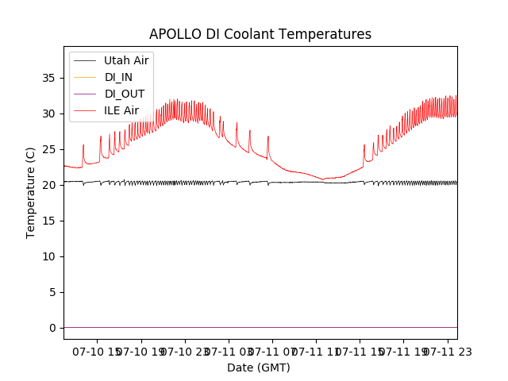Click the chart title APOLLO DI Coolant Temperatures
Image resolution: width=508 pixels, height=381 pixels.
click(x=260, y=35)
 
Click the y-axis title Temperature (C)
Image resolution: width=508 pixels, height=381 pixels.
click(x=31, y=193)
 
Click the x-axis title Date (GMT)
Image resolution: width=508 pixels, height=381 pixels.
click(x=259, y=368)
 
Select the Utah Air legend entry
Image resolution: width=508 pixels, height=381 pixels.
click(x=126, y=60)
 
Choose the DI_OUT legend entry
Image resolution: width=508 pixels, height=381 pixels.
click(x=125, y=94)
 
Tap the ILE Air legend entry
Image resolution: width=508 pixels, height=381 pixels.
click(x=121, y=110)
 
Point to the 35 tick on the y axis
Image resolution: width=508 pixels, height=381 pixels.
click(x=48, y=78)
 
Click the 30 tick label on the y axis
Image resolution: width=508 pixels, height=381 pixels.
click(x=48, y=114)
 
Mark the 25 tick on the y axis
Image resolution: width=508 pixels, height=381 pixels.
click(x=48, y=149)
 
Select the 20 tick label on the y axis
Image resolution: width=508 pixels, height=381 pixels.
click(x=48, y=185)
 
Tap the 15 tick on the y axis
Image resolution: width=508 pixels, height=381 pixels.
click(x=48, y=221)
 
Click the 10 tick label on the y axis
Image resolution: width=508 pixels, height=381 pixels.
click(x=48, y=256)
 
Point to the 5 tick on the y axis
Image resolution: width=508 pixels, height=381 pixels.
click(x=52, y=292)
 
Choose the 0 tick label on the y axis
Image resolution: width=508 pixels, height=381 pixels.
click(x=52, y=328)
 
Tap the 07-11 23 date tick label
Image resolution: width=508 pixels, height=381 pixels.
click(x=448, y=351)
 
